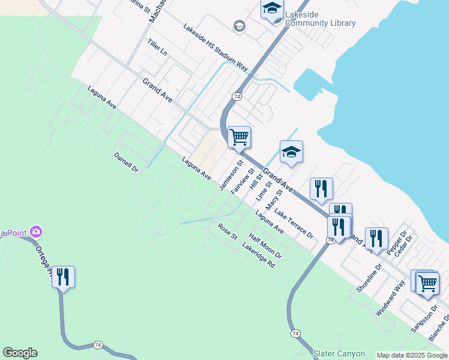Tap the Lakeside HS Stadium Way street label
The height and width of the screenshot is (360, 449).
click(215, 48)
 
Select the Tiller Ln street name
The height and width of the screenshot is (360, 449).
click(157, 47)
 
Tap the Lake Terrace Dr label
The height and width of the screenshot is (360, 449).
click(294, 224)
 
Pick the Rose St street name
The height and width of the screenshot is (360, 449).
click(228, 231)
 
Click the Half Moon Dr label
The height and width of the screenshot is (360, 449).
click(265, 247)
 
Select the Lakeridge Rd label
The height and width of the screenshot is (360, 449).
click(258, 256)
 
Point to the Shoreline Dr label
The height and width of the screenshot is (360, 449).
click(369, 278)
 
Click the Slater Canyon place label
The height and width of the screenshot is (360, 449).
click(336, 353)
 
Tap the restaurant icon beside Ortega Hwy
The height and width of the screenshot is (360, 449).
click(63, 277)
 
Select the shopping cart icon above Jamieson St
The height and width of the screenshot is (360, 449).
click(239, 137)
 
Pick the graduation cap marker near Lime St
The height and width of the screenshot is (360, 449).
click(291, 152)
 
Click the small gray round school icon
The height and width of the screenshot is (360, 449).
click(239, 26)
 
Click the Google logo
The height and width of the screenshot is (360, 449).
click(20, 353)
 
